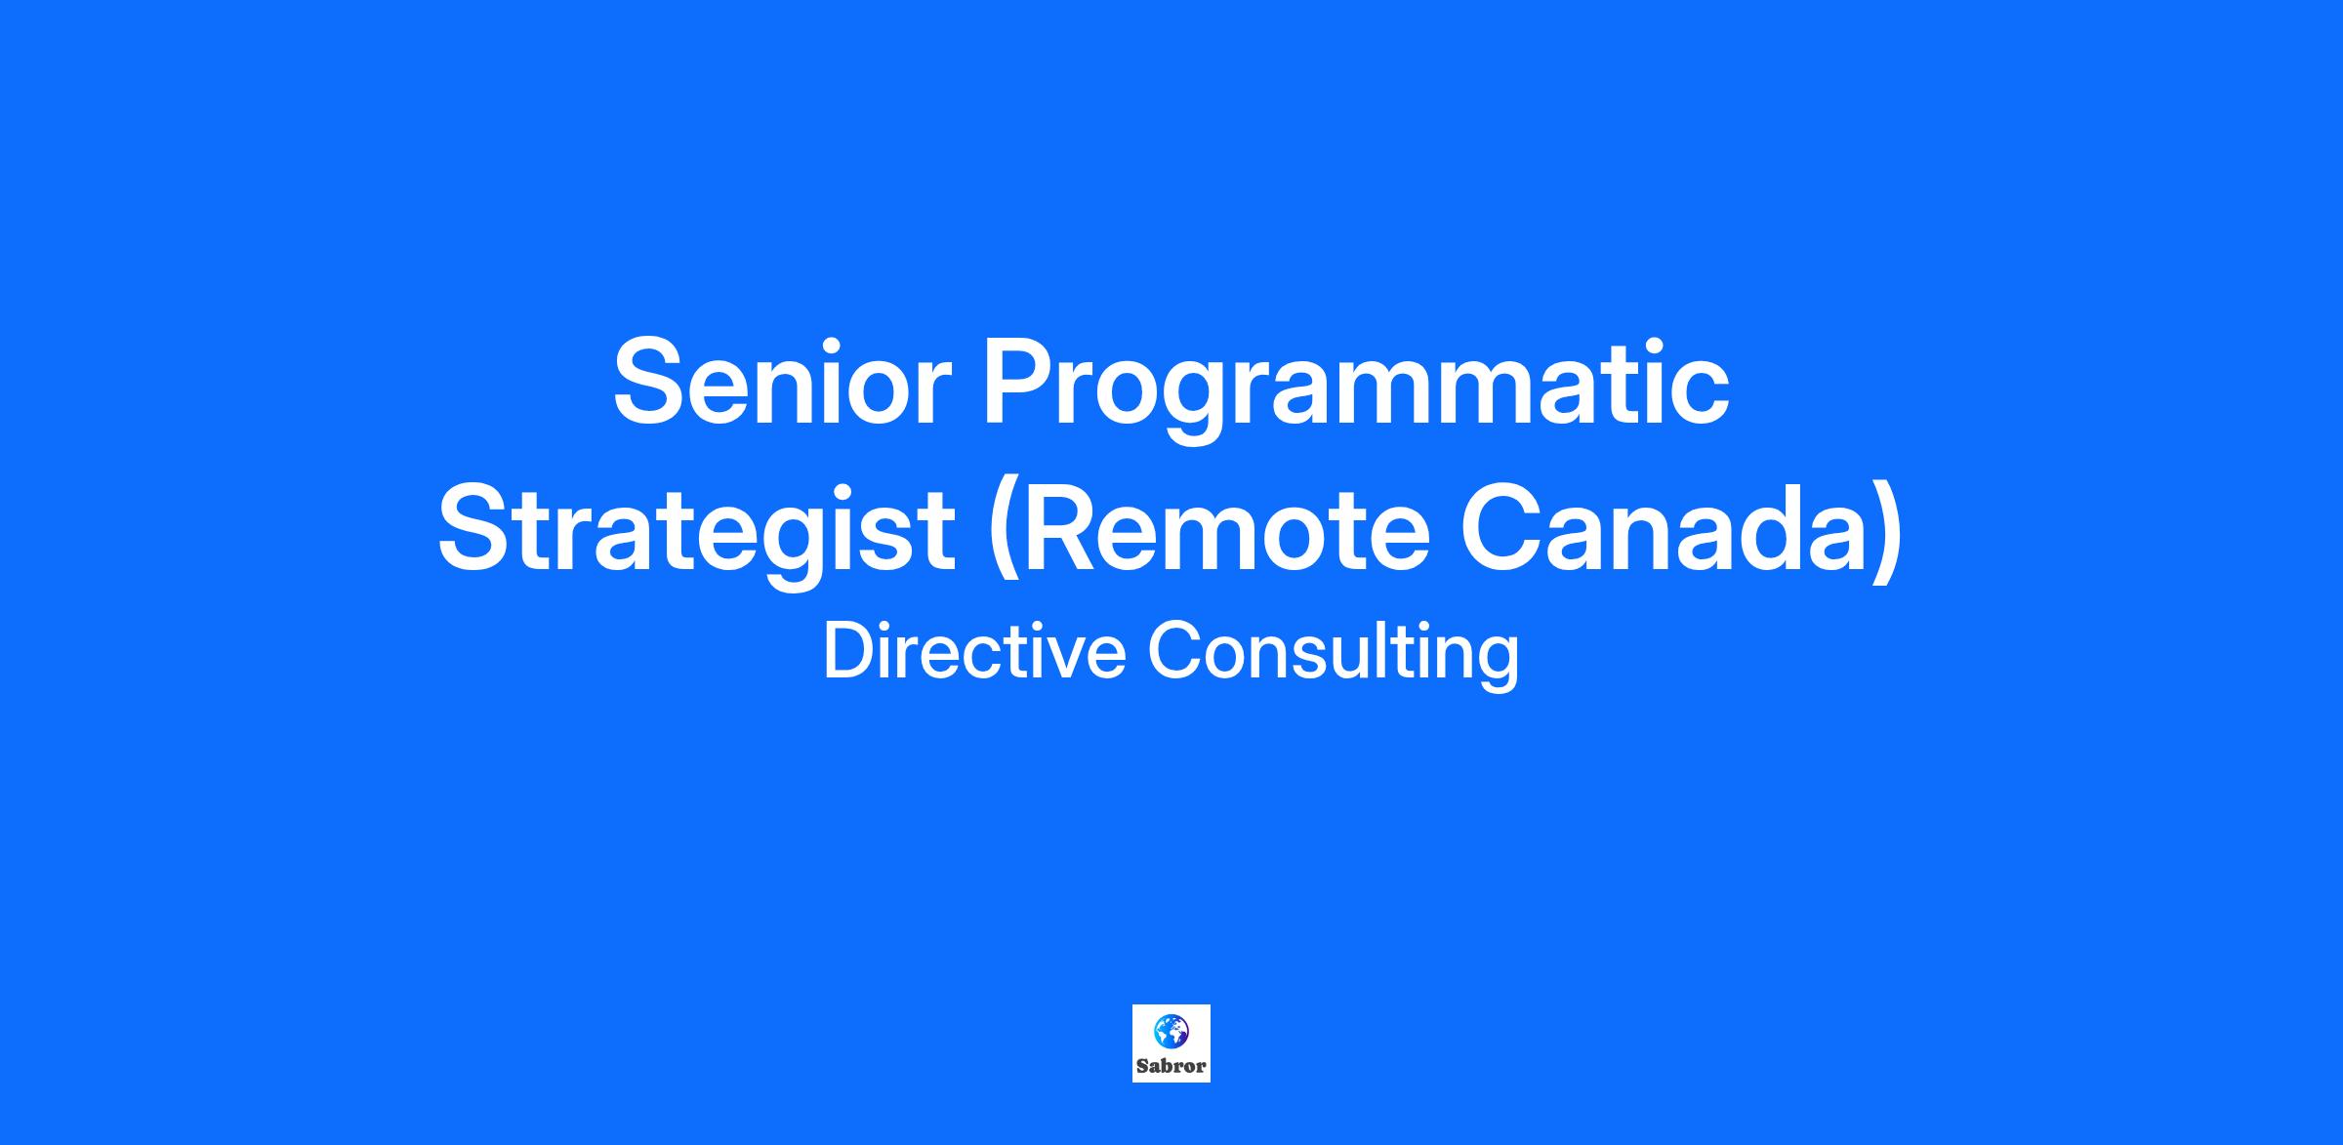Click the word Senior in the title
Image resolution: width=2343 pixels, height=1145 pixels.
click(x=781, y=382)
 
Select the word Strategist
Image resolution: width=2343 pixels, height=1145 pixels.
click(x=695, y=534)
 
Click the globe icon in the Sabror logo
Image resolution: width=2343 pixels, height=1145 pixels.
click(x=1171, y=1030)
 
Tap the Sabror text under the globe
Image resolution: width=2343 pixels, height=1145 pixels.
click(x=1171, y=1066)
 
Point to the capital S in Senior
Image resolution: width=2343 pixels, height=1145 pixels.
click(x=652, y=382)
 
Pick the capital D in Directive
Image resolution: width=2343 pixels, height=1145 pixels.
click(x=848, y=650)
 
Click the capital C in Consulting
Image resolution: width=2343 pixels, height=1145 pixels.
click(x=1174, y=650)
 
